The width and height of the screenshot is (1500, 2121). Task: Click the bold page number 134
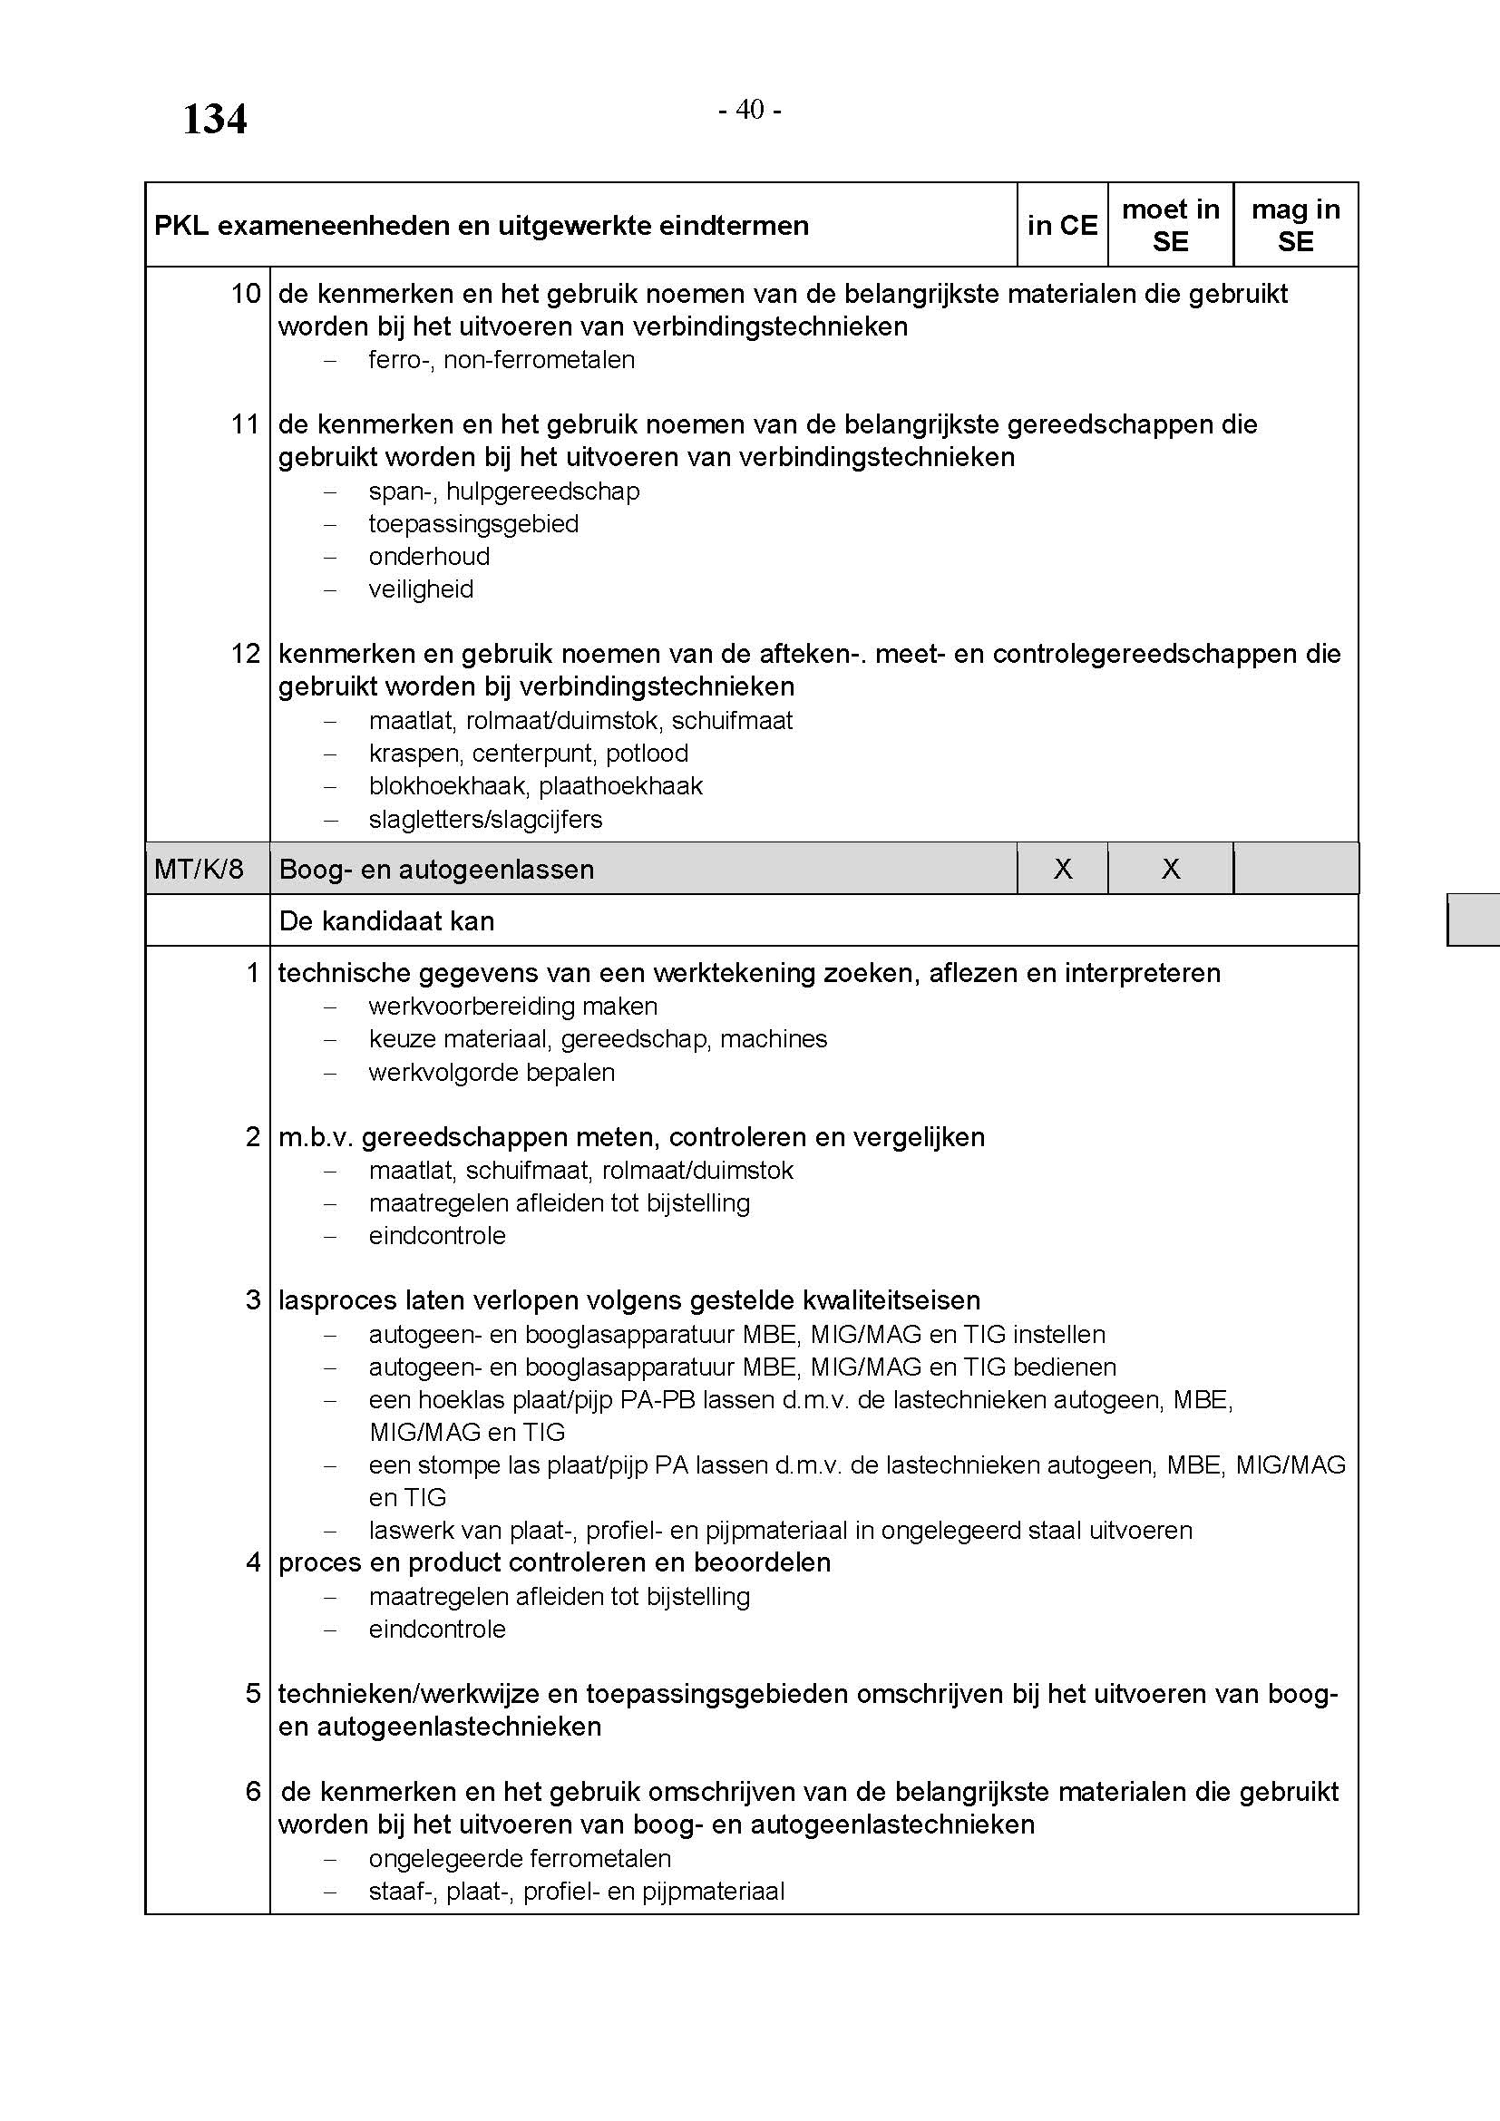coord(214,120)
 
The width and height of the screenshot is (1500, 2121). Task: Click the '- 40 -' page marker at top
coord(749,110)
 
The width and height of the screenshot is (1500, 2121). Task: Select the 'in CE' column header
coord(1062,226)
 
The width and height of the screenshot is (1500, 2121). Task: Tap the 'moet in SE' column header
coord(1170,226)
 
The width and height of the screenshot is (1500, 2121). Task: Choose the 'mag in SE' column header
coord(1295,226)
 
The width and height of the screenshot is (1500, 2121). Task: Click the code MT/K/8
coord(199,870)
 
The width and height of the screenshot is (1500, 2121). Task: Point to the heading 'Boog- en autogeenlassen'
coord(436,870)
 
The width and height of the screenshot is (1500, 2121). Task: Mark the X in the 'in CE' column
coord(1063,870)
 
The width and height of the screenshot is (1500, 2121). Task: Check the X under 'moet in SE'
coord(1170,870)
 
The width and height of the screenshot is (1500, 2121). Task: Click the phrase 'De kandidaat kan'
coord(386,921)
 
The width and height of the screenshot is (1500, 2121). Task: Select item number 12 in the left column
coord(246,654)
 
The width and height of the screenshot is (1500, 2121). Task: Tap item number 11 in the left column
coord(246,425)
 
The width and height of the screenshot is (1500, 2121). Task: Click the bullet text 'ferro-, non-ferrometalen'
coord(502,360)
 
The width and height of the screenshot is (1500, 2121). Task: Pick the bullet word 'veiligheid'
coord(421,589)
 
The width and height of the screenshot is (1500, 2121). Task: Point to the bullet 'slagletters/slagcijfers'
coord(485,820)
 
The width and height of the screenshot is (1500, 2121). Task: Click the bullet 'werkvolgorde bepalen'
coord(492,1073)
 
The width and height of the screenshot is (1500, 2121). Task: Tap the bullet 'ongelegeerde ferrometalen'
coord(520,1858)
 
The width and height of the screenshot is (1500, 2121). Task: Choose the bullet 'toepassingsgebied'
coord(473,524)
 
